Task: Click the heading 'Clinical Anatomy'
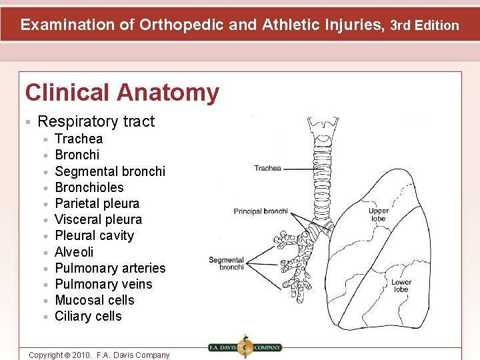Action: [x=122, y=93]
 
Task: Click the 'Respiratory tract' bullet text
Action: [x=96, y=121]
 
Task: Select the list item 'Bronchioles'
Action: [x=89, y=187]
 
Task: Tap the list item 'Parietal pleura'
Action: [x=97, y=203]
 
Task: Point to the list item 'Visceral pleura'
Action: [x=98, y=219]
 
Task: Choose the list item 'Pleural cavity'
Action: [x=94, y=235]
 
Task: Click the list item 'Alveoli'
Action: [x=74, y=252]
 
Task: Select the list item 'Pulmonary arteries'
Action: [x=110, y=268]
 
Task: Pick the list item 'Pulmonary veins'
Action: [x=103, y=284]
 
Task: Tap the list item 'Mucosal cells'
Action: [x=94, y=300]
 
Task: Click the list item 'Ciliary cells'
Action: [x=88, y=316]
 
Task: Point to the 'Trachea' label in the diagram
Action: [x=267, y=169]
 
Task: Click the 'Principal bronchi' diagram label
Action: [x=261, y=211]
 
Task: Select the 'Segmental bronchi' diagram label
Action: [x=227, y=263]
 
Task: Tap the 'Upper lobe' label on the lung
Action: [x=378, y=215]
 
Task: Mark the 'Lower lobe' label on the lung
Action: [x=401, y=285]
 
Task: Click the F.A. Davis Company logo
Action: [x=245, y=347]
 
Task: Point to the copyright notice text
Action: [x=99, y=355]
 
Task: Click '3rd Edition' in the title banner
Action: [x=425, y=26]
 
